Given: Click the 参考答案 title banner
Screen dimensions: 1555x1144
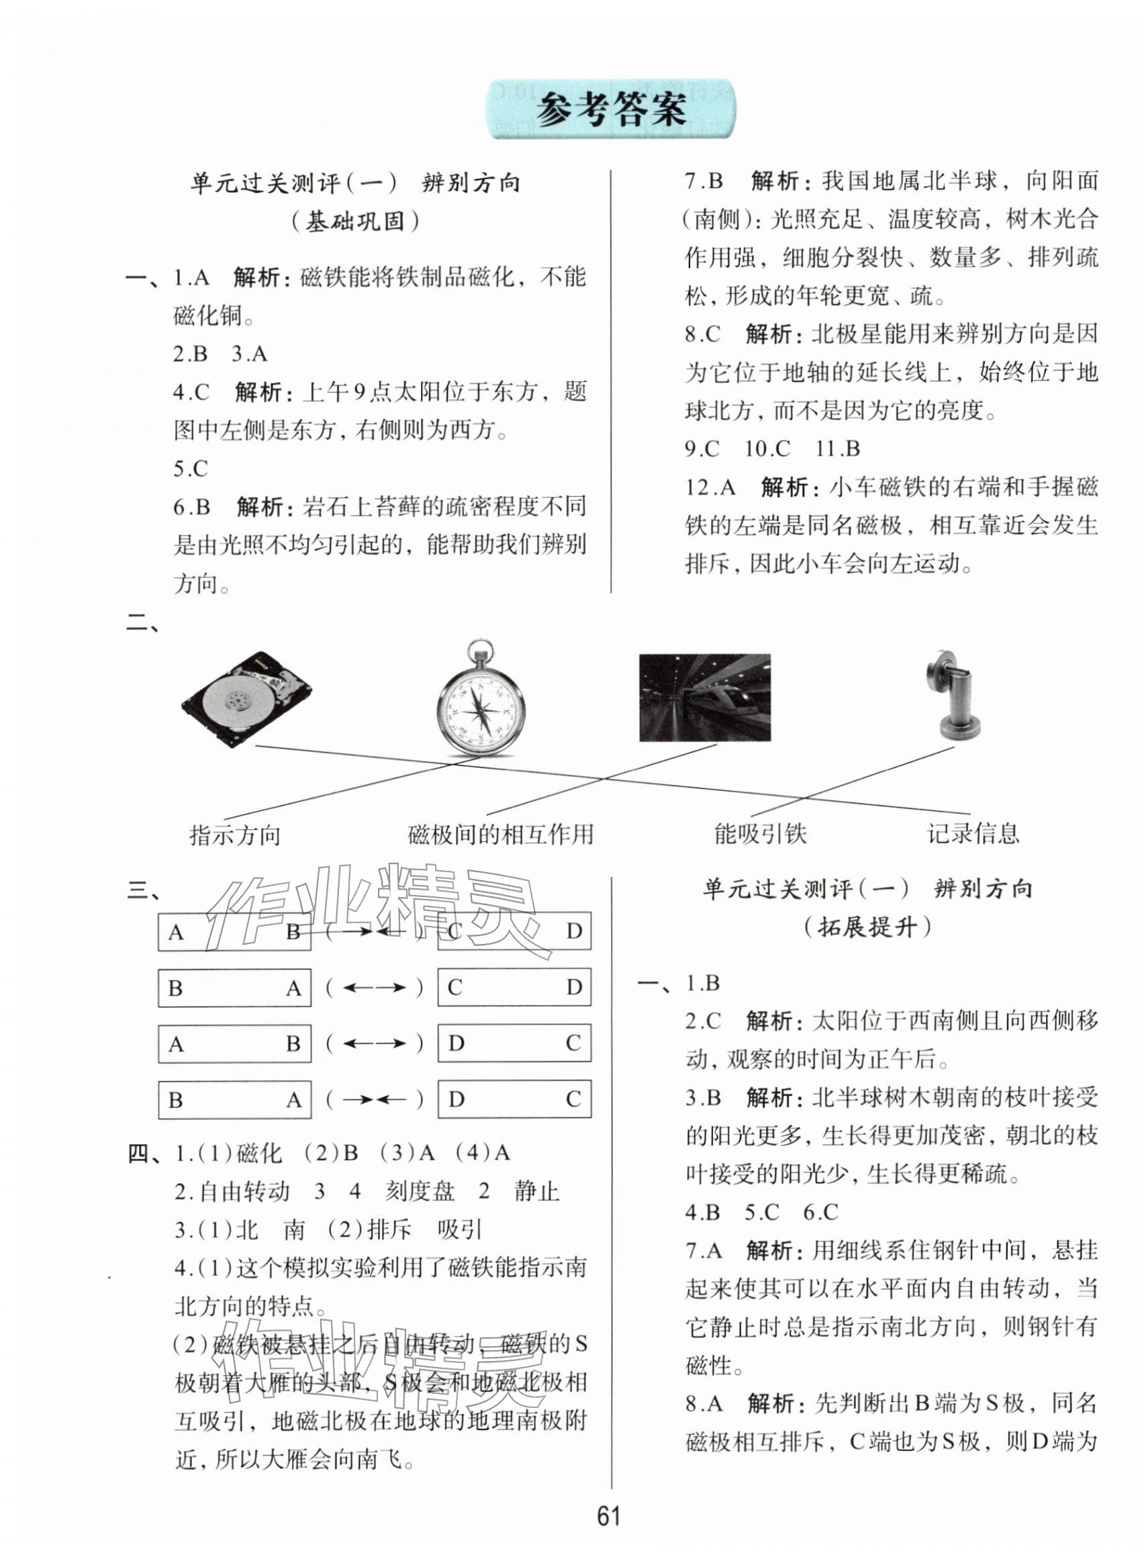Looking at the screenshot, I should [x=612, y=109].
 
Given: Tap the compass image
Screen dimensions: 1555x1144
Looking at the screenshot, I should [x=481, y=699].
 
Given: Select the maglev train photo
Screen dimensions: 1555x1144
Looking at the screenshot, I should [x=704, y=697].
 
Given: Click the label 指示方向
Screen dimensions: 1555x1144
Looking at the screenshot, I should [x=235, y=836].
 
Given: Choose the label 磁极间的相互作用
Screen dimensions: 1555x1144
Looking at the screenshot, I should [x=501, y=835].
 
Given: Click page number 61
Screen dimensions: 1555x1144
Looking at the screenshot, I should [x=608, y=1515].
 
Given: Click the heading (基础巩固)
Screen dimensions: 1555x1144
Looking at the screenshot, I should [x=355, y=222].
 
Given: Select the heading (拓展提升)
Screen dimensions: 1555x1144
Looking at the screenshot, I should [x=867, y=927].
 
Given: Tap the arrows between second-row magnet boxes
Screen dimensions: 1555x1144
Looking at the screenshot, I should [x=374, y=987].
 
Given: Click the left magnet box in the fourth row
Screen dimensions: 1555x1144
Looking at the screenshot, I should [x=235, y=1099].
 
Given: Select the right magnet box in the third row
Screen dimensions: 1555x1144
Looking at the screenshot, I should [x=514, y=1043].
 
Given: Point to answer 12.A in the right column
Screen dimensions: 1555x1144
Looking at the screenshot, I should [x=710, y=487].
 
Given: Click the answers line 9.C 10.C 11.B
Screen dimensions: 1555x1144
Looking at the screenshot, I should [x=772, y=449].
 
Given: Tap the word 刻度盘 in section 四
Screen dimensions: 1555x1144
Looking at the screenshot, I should [x=420, y=1191].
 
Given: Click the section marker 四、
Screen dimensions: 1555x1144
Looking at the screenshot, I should [x=144, y=1153].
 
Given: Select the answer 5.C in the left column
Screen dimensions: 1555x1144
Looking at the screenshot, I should [x=191, y=469].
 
